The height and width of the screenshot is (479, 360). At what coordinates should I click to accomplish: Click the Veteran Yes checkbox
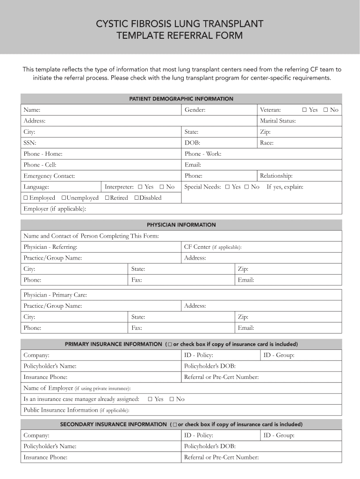304,110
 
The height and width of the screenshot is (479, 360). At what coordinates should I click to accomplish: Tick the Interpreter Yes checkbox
140,187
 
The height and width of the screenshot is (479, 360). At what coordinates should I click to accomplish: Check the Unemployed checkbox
64,198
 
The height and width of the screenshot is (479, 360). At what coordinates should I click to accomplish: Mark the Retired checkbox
107,198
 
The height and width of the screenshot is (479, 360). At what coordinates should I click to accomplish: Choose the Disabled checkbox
137,198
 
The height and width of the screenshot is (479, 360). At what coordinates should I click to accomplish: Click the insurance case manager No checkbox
172,399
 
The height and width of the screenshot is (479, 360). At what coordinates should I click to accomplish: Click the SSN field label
30,143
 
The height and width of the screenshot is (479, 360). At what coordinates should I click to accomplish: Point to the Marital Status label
278,121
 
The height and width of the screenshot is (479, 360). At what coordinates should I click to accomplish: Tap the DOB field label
192,143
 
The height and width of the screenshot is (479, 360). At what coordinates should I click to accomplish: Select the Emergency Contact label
49,176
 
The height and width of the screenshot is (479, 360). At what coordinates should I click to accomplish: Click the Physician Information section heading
181,225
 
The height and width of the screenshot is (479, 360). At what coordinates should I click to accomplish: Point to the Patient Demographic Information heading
181,99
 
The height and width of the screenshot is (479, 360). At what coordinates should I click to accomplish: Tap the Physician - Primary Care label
55,295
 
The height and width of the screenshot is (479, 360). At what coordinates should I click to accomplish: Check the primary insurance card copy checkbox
169,344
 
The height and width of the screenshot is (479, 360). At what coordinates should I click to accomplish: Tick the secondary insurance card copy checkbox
174,425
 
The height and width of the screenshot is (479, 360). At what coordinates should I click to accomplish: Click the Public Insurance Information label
61,410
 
